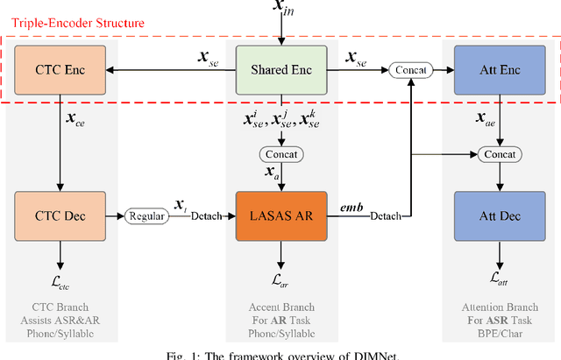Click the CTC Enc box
(x=60, y=69)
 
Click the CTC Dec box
(x=60, y=215)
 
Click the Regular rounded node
(x=146, y=215)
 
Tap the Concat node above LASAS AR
(x=280, y=154)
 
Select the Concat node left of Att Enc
(x=410, y=69)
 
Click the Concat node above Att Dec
(x=499, y=154)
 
